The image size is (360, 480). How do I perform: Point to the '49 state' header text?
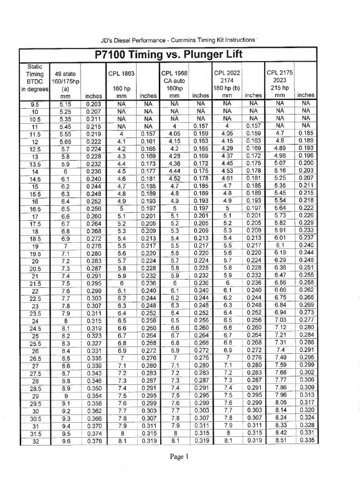point(65,74)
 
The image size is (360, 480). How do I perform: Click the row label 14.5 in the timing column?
point(35,180)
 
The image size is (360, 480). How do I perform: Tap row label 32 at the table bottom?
point(35,441)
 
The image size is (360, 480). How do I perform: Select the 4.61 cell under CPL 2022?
point(227,179)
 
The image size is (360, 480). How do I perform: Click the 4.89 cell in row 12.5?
point(279,148)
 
